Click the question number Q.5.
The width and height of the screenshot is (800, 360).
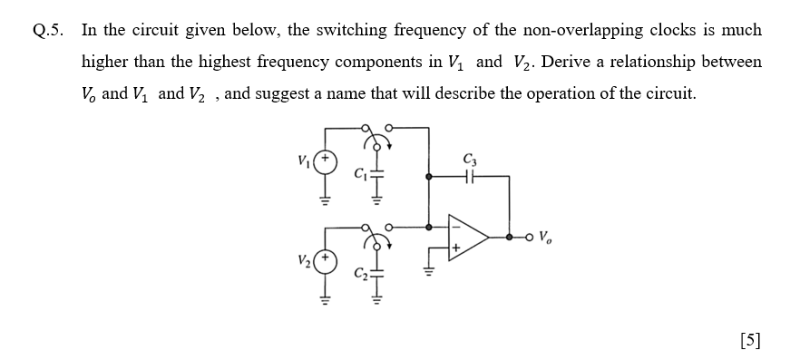click(50, 30)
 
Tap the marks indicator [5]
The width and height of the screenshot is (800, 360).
click(750, 340)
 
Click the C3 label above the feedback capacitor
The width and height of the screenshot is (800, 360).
click(469, 161)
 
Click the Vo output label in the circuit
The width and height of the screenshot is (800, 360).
click(544, 238)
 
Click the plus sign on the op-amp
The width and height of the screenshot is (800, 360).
click(456, 247)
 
